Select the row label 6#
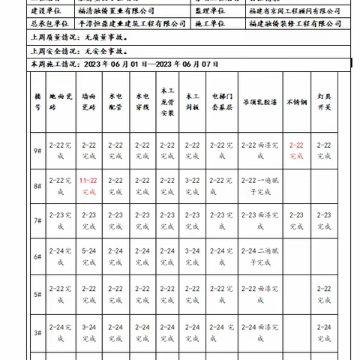[37, 255]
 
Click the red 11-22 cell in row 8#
[89, 186]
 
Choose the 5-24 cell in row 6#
[89, 256]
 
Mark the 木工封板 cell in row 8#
[192, 186]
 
